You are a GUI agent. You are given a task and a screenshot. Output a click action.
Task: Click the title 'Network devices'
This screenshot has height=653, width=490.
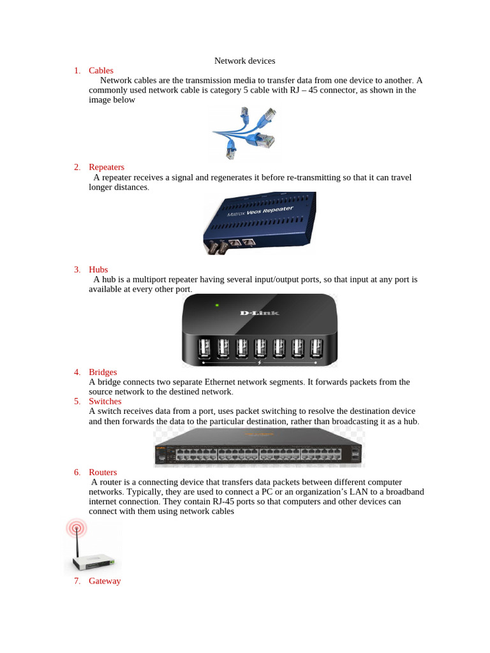(244, 61)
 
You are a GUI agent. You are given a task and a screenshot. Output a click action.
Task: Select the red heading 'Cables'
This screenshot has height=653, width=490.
(101, 71)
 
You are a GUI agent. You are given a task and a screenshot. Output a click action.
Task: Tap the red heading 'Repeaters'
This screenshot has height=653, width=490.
(107, 167)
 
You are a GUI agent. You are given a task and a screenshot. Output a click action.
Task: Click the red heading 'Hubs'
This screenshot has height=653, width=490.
(98, 270)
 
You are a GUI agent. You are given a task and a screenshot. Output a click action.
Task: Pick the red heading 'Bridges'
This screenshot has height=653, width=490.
(103, 372)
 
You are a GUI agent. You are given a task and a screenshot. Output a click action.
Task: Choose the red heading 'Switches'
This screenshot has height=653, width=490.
(105, 401)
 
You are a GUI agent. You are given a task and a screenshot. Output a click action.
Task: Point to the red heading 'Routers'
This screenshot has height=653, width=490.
(103, 473)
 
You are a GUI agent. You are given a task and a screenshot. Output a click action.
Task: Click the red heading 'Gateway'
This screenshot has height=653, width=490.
(105, 581)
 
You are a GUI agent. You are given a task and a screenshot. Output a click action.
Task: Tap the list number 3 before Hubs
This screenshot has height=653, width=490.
(77, 270)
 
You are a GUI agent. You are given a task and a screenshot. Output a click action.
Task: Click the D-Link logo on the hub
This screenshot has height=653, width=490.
(259, 312)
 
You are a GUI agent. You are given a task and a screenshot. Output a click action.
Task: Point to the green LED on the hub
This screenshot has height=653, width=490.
(217, 305)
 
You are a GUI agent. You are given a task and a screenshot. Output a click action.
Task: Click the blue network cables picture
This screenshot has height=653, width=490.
(246, 133)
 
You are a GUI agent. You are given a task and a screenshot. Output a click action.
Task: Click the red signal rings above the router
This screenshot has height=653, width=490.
(77, 528)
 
